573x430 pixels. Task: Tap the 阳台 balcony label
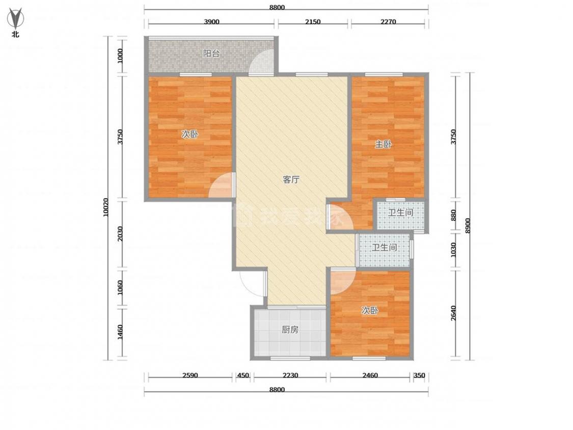click(x=211, y=53)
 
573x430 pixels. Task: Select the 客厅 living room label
click(x=291, y=179)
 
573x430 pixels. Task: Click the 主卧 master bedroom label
click(x=384, y=144)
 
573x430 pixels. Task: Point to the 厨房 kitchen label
click(x=290, y=330)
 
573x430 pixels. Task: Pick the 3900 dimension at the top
click(x=211, y=21)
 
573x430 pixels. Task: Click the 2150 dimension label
click(x=313, y=21)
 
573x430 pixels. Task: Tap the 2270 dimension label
click(x=388, y=21)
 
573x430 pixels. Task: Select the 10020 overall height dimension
click(x=106, y=207)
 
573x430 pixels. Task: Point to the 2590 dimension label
click(x=190, y=375)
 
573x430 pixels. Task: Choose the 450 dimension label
click(x=243, y=375)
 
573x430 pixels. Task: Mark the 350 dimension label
click(x=419, y=375)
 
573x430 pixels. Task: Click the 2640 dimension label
click(x=453, y=313)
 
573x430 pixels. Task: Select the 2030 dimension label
click(x=120, y=235)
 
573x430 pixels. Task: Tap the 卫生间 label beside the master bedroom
click(x=400, y=212)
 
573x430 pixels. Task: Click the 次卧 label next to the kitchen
click(x=369, y=311)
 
